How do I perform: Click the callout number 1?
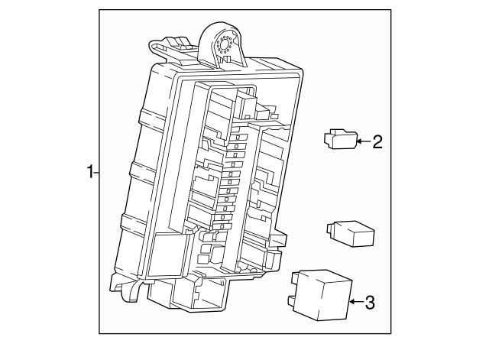point(89,172)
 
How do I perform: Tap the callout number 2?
point(377,141)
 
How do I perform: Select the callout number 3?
point(370,303)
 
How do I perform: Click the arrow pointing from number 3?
point(355,303)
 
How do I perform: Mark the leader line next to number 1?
point(96,172)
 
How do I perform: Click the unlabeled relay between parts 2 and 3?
point(353,233)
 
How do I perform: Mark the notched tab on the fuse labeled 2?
point(326,137)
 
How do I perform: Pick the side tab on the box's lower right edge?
point(280,241)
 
